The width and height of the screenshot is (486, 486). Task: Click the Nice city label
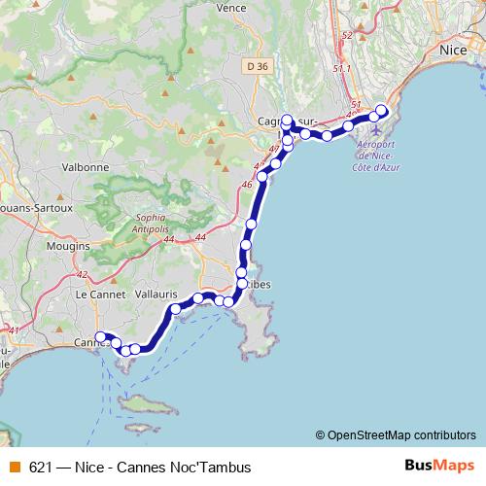(x=454, y=49)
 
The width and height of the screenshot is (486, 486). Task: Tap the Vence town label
(x=231, y=7)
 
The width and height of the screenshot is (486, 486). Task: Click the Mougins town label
(x=68, y=247)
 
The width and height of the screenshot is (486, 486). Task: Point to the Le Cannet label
(x=96, y=293)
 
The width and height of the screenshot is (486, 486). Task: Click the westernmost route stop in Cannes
(x=99, y=337)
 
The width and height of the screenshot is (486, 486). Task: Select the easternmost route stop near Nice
(x=382, y=110)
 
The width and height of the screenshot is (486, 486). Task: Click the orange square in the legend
(x=13, y=467)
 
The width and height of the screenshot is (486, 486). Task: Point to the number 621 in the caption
(x=41, y=467)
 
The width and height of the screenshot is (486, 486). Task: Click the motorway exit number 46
(x=246, y=184)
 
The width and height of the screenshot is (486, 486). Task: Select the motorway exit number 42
(x=82, y=275)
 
